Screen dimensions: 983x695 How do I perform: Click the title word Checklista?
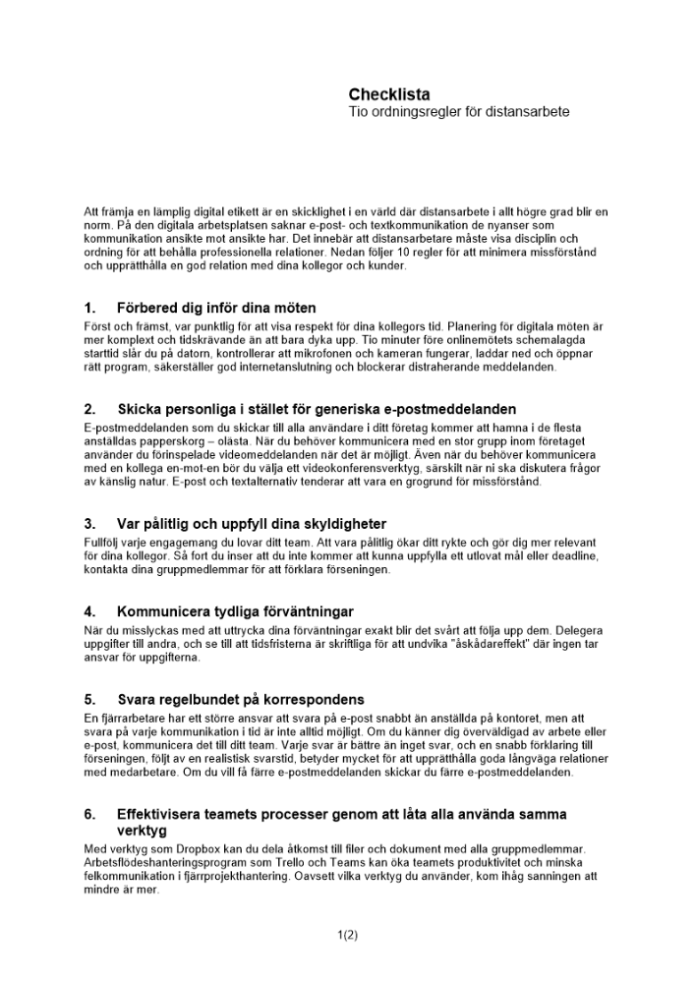point(389,94)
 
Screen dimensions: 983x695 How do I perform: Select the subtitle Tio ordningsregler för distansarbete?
point(459,112)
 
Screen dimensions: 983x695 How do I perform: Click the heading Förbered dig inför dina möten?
point(216,308)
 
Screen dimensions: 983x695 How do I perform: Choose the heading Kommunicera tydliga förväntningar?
point(235,611)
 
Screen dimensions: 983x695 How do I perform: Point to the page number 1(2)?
point(347,935)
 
